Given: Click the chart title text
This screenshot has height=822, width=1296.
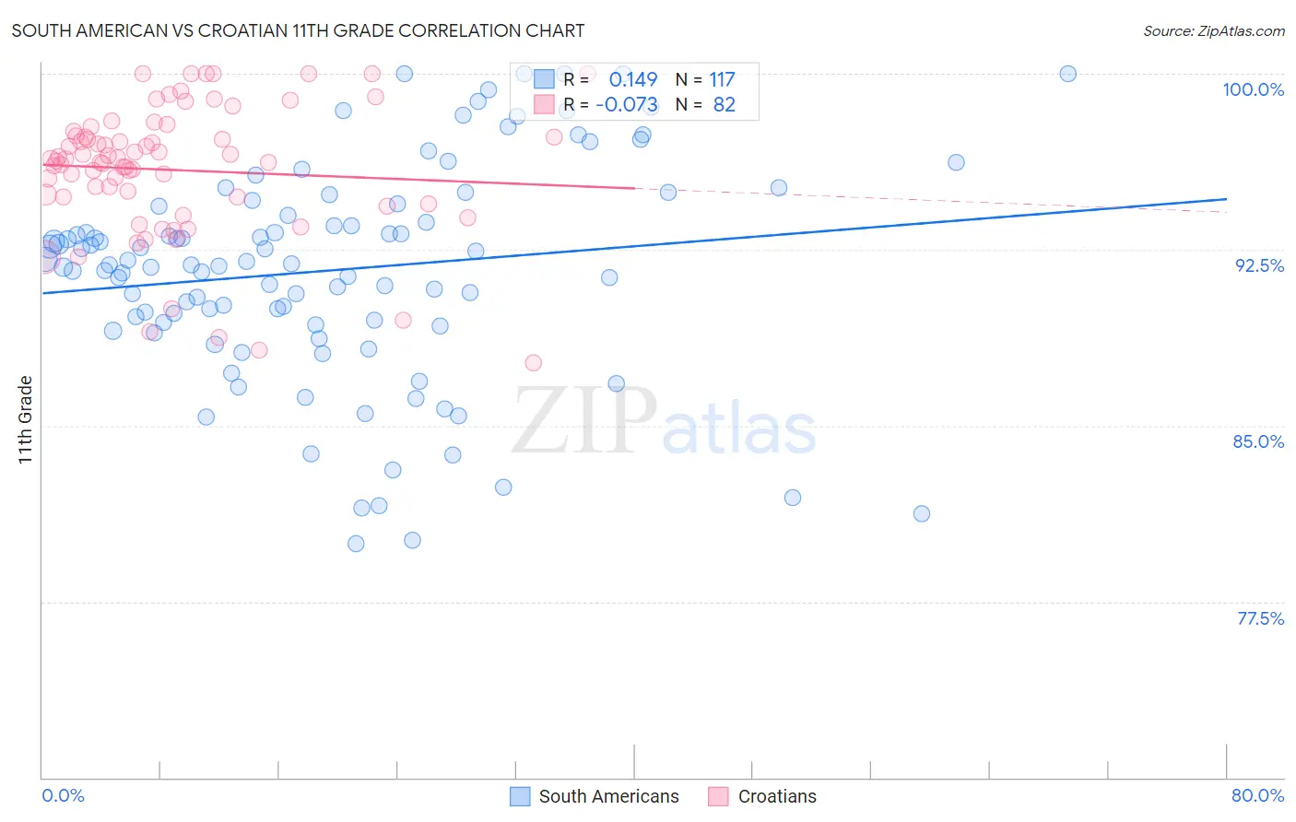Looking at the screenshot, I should [x=298, y=30].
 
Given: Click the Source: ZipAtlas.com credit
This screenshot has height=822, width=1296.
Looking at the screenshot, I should [x=1213, y=30].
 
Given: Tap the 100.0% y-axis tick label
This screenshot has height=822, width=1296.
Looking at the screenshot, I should [x=1253, y=89].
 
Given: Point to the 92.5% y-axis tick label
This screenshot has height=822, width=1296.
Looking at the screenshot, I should [x=1259, y=265].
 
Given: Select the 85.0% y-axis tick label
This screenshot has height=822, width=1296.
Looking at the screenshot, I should [x=1258, y=441].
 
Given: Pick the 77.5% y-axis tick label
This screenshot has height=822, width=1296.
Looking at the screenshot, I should [x=1260, y=618].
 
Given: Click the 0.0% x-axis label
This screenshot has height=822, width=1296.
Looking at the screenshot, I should [x=63, y=795].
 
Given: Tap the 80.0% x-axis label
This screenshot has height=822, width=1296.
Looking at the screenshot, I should [x=1257, y=795].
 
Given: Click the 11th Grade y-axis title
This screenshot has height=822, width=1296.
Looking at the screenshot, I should [x=26, y=419].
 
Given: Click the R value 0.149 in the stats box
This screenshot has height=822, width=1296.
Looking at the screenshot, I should [x=633, y=80].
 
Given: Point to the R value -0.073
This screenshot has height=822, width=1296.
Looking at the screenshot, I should [x=627, y=105].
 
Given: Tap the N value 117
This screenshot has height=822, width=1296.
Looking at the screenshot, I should [x=722, y=80].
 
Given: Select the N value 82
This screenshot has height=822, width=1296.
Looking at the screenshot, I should [x=725, y=105].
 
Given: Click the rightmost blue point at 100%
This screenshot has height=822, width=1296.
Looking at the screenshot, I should [x=1067, y=74].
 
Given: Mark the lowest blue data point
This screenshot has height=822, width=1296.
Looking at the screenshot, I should [x=356, y=544].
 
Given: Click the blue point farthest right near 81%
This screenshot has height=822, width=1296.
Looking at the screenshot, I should [x=922, y=513].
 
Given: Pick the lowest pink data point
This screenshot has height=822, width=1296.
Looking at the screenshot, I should [x=533, y=363].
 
